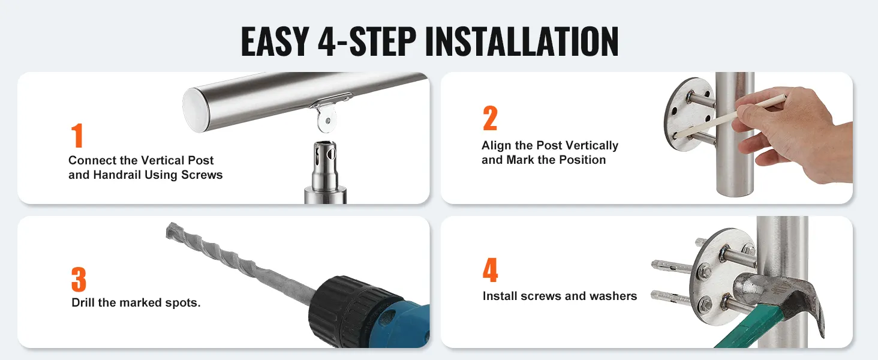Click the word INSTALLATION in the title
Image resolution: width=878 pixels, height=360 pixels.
click(522, 41)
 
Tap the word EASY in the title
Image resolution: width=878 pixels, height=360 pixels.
click(275, 41)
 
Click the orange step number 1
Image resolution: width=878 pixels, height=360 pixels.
click(77, 135)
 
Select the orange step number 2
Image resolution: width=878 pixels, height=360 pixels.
click(490, 118)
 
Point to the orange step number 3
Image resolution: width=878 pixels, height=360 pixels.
click(79, 279)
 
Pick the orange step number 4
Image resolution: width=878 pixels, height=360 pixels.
click(491, 270)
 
